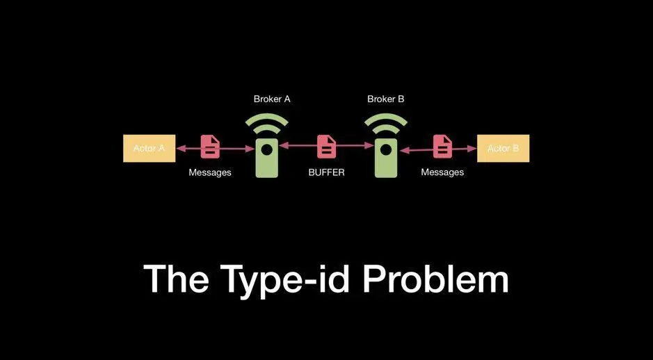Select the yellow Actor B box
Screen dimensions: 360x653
503,148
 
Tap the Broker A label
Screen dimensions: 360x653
272,99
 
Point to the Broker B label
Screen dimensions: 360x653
386,99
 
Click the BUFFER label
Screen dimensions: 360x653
326,172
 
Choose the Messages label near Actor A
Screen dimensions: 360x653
210,172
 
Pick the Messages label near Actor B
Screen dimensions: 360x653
442,172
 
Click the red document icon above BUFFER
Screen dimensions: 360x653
327,146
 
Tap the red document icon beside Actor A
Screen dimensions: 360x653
211,146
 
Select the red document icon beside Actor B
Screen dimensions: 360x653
443,146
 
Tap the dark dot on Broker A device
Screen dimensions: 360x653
266,149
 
